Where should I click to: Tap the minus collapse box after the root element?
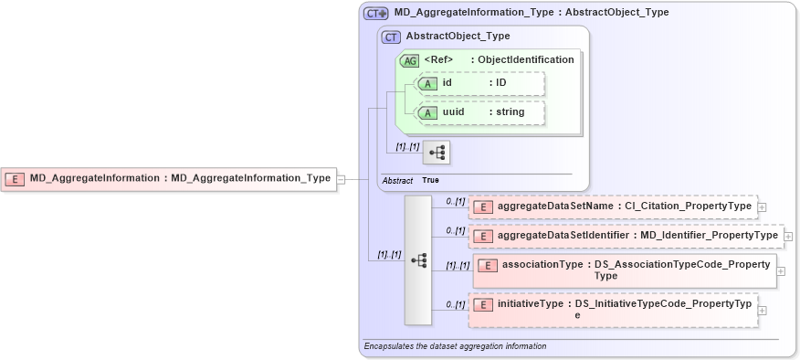click(341, 179)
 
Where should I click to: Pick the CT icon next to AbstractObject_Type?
click(391, 37)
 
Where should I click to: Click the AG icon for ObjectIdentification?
click(410, 60)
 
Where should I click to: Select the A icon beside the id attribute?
click(427, 83)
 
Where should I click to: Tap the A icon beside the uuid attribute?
click(427, 112)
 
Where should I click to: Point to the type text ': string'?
click(506, 112)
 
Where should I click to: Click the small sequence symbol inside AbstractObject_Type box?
click(436, 151)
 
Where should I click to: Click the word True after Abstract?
click(430, 181)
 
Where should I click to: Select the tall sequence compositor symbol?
click(418, 260)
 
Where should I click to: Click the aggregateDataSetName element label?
click(556, 206)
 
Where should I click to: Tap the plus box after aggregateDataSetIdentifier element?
click(788, 237)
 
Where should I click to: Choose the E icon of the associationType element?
click(488, 266)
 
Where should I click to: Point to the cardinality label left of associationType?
click(457, 266)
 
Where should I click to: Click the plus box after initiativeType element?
click(763, 310)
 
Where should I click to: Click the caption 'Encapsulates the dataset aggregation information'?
click(455, 347)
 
